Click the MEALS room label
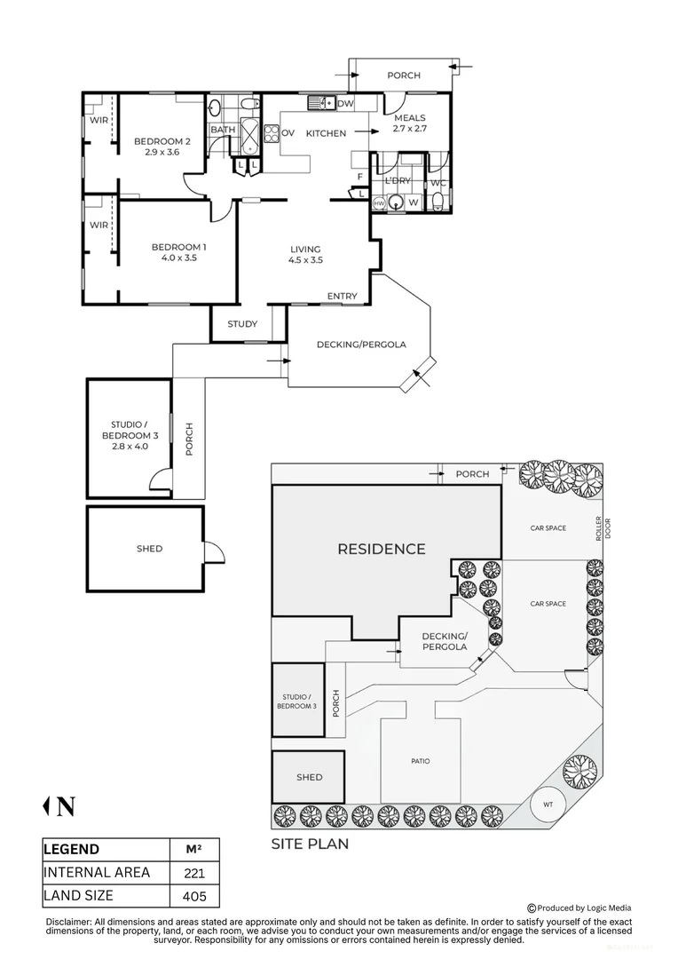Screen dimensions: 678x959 point(410,118)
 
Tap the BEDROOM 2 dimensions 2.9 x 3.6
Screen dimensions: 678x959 point(162,153)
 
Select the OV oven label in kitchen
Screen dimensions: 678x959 point(288,133)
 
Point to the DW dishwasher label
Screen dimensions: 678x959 point(345,103)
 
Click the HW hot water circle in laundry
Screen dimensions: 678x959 point(379,202)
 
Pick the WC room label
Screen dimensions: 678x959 point(438,183)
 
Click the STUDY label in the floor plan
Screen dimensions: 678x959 point(242,324)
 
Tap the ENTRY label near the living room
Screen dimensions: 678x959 point(343,296)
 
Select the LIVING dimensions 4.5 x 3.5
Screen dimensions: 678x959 point(305,260)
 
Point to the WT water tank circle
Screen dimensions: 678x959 point(548,804)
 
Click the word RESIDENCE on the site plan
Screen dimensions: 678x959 point(382,550)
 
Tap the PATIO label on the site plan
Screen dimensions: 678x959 point(421,762)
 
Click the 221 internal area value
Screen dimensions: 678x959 point(194,874)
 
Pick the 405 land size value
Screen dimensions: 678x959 point(194,897)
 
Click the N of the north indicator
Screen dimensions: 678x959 point(66,807)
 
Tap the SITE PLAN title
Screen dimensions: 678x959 point(310,844)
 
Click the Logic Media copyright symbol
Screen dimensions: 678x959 point(532,908)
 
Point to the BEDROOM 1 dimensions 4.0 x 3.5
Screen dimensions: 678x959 point(179,258)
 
